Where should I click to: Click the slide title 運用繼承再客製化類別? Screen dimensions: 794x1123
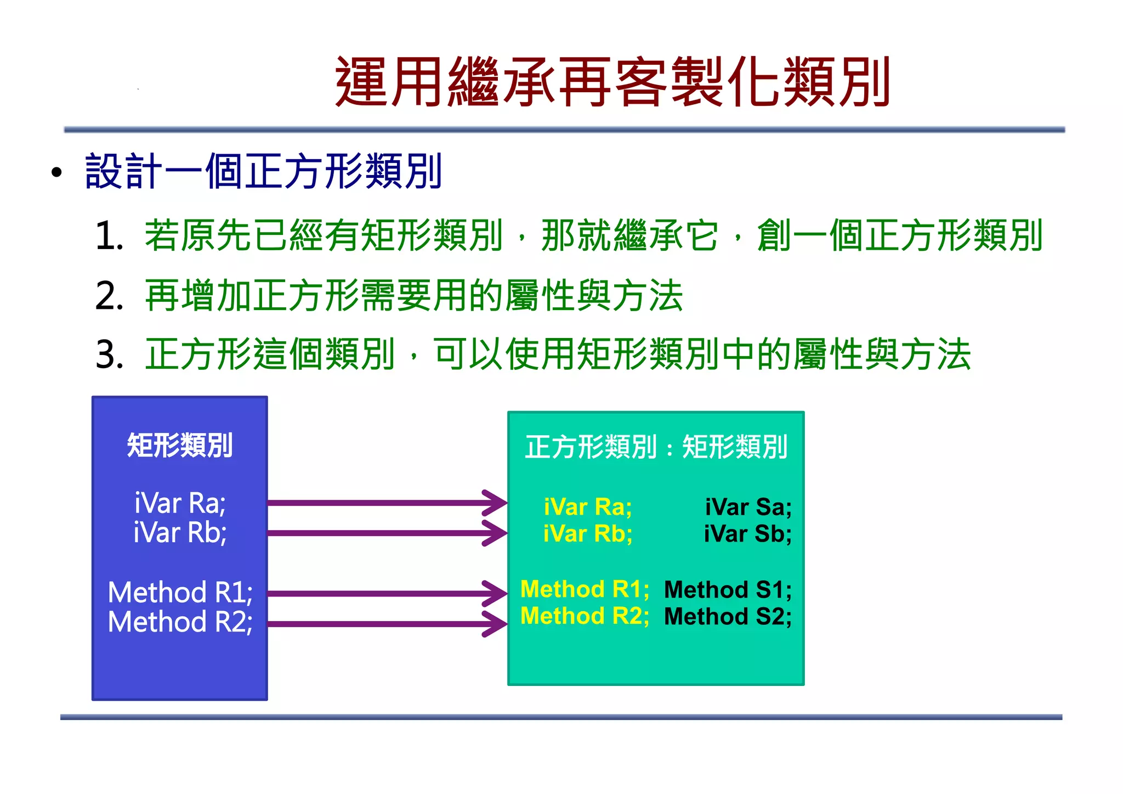612,82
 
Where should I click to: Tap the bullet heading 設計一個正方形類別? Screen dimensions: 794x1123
263,172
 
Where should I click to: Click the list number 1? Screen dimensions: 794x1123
109,236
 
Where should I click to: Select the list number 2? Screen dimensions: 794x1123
109,296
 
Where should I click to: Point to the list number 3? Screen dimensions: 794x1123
109,355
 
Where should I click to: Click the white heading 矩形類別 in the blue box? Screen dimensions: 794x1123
180,445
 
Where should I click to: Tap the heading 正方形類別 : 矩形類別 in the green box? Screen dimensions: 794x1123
656,447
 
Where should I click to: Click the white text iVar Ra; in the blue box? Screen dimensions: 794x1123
180,503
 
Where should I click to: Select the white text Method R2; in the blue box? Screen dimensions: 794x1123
180,622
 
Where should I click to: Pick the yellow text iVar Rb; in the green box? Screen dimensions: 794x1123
587,534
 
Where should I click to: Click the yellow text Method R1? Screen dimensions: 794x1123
585,589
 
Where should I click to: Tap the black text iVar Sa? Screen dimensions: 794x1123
748,507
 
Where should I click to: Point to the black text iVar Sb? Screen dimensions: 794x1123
748,534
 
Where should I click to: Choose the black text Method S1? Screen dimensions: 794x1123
728,590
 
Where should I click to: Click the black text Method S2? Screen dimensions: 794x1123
728,617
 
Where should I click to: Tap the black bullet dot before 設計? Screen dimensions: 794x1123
56,173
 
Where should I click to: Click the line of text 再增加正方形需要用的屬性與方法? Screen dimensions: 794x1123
413,296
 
